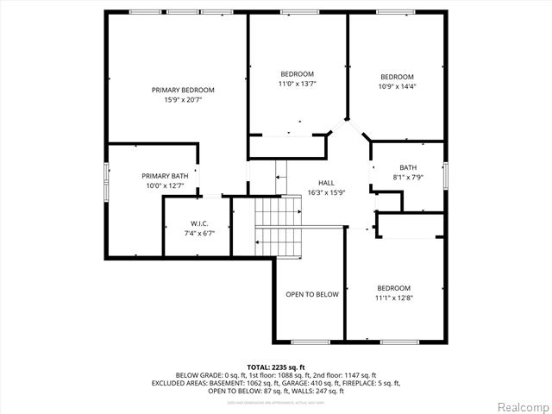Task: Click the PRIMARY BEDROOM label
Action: click(183, 90)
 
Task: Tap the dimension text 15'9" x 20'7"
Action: click(183, 100)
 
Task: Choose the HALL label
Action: click(326, 182)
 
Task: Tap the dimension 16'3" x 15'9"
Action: click(326, 192)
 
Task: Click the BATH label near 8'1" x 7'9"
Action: click(407, 167)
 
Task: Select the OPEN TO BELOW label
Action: click(312, 294)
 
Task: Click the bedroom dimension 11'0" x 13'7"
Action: click(297, 84)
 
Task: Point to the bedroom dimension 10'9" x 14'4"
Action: click(397, 86)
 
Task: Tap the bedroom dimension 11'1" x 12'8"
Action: click(393, 298)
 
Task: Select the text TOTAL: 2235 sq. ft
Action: click(276, 367)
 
